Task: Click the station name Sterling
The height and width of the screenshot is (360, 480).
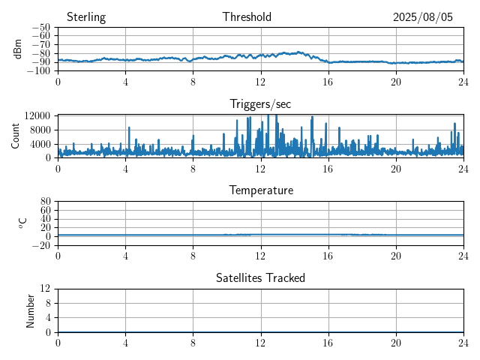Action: point(86,17)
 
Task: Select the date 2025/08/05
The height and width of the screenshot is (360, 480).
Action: point(423,17)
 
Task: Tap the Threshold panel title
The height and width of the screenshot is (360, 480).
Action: point(247,16)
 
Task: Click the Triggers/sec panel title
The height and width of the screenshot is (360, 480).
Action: point(260,104)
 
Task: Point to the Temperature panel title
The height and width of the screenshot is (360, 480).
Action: point(261,190)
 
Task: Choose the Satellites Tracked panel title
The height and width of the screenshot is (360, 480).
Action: point(260,277)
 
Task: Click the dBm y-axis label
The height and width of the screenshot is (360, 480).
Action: point(18,49)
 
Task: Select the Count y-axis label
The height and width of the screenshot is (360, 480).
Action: point(15,136)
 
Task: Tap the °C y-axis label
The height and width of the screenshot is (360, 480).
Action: point(23,223)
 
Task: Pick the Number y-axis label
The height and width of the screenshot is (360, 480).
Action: point(30,311)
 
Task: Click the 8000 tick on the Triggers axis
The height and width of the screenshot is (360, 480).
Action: point(40,130)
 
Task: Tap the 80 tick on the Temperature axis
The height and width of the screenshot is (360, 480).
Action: point(45,202)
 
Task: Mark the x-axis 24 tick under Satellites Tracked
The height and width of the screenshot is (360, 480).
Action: point(463,343)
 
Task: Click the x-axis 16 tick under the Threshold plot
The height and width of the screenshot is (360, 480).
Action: point(328,82)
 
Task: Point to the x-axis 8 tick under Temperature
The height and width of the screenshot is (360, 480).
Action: point(193,256)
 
